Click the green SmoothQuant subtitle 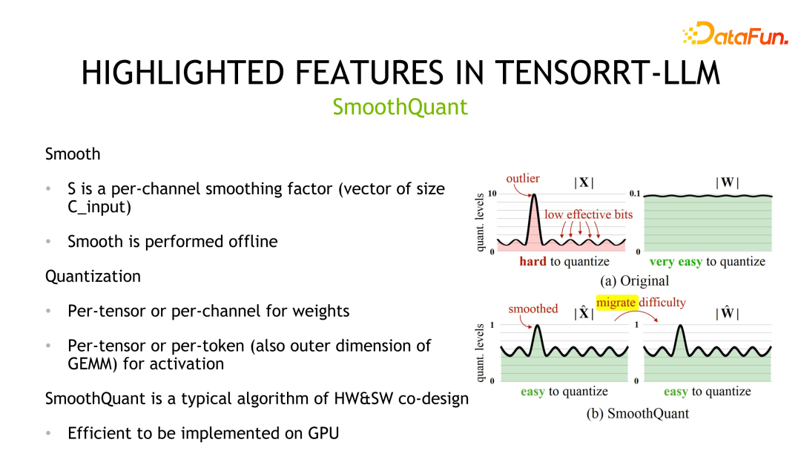pos(400,107)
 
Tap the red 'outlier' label pos(523,178)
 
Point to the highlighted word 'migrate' pos(616,302)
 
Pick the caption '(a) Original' pos(634,281)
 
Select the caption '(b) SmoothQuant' pos(637,413)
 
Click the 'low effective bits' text pos(588,214)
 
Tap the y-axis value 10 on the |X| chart pos(492,194)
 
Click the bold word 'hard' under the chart pos(532,261)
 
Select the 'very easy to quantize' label pos(707,261)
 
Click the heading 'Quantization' pos(93,276)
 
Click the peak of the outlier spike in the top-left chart pos(533,196)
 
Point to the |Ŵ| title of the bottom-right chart pos(726,313)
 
